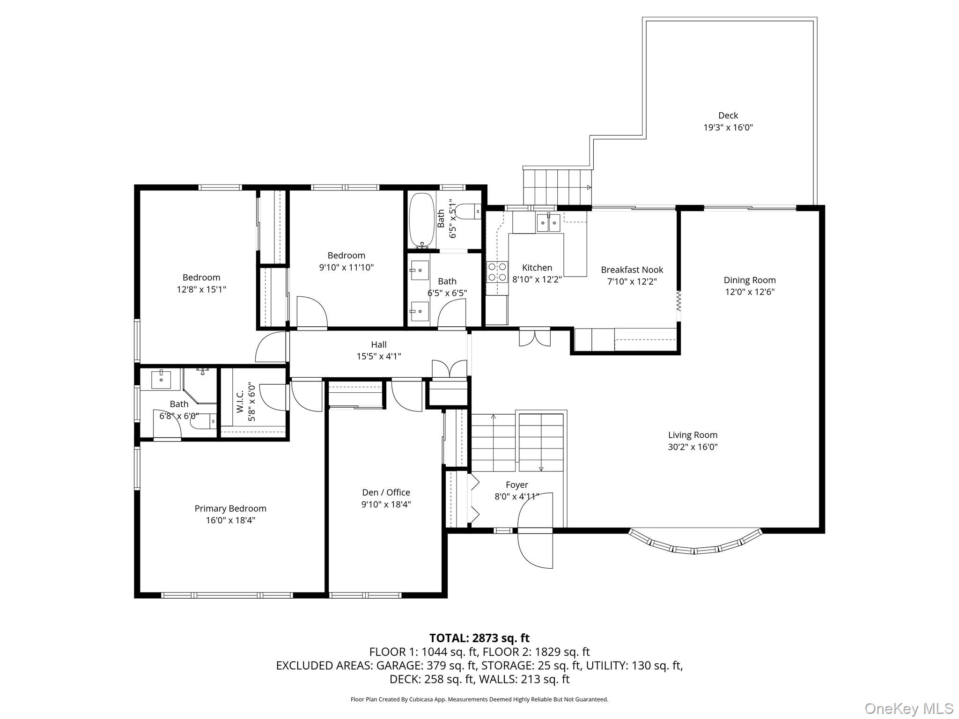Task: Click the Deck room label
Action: (728, 115)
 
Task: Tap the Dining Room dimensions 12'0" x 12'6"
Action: (749, 292)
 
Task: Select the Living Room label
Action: (693, 435)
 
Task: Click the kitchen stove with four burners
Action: (497, 271)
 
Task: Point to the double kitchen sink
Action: (548, 222)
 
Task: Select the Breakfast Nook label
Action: (632, 270)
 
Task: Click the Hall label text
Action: (378, 345)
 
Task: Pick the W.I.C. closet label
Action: (240, 402)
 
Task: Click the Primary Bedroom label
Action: (230, 508)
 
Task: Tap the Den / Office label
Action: (386, 492)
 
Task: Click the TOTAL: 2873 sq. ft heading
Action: (479, 638)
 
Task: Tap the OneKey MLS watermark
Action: (908, 708)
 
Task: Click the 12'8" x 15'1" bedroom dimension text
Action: (201, 289)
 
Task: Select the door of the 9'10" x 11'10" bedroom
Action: (311, 313)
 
